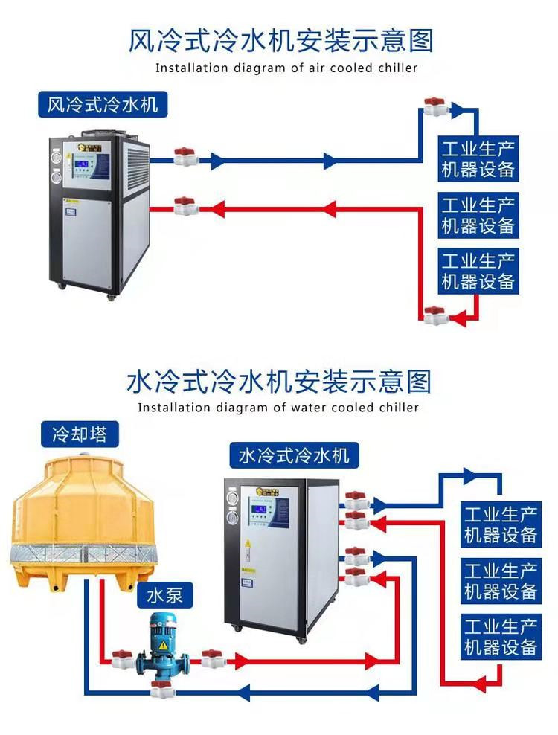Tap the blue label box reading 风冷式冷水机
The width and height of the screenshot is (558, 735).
click(x=103, y=105)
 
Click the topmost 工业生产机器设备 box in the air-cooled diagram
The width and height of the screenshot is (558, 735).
click(x=478, y=158)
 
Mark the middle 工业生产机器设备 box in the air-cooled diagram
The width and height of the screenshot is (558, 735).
click(x=478, y=214)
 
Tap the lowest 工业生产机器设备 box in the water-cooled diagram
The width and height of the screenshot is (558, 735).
click(x=500, y=637)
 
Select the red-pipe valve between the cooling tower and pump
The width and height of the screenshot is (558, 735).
click(x=122, y=659)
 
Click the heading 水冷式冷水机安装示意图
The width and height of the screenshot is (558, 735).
click(x=279, y=382)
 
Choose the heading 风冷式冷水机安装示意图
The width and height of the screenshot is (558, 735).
click(x=280, y=40)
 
